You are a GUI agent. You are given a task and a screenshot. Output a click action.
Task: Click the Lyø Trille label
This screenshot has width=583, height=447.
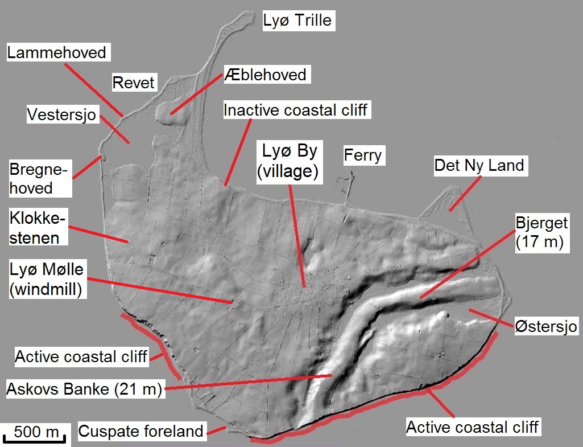coord(296,20)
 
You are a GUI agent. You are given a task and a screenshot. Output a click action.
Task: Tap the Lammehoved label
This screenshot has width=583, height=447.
coord(56,52)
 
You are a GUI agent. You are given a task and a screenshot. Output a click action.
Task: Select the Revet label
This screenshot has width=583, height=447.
coord(134,83)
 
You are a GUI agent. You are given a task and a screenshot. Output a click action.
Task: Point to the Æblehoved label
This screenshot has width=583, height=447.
coord(265,74)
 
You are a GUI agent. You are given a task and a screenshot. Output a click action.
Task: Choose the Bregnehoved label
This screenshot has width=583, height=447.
coord(39,178)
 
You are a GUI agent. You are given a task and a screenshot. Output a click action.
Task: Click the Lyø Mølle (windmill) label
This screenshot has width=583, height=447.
coord(47,279)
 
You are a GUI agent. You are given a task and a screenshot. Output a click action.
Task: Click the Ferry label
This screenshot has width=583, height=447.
coord(363,155)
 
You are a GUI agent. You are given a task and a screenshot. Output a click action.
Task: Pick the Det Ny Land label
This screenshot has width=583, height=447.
coord(479,166)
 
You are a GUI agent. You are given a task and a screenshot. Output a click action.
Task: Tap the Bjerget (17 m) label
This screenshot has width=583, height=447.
coord(539,232)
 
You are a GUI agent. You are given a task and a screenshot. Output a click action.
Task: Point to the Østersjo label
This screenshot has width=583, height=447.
coord(545,326)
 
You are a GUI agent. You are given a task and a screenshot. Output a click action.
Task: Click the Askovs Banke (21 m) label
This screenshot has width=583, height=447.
coord(84,390)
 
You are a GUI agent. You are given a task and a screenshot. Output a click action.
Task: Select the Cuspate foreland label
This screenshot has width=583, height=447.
coord(140,431)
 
